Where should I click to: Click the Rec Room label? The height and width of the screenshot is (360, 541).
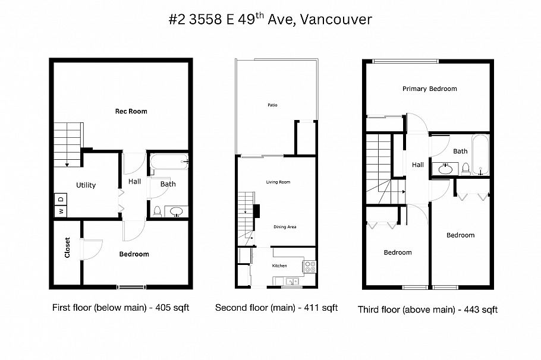131,111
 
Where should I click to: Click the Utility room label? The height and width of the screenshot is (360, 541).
86,185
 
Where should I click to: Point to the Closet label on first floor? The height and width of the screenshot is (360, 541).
67,248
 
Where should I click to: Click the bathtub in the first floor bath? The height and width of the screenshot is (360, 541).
169,161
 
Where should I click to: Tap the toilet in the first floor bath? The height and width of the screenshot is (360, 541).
157,210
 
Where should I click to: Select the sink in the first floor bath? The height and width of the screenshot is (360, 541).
177,211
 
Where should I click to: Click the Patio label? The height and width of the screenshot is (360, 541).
272,105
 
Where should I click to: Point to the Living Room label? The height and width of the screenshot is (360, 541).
278,182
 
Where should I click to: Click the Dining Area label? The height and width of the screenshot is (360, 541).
285,226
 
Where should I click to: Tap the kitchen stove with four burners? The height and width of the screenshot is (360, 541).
310,267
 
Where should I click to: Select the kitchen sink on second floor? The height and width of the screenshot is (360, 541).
291,281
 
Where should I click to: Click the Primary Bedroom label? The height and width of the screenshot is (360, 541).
429,89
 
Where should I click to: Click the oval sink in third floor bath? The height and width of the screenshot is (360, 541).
445,169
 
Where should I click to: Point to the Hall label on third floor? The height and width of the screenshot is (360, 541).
418,165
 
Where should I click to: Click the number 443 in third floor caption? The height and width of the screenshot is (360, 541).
471,310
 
